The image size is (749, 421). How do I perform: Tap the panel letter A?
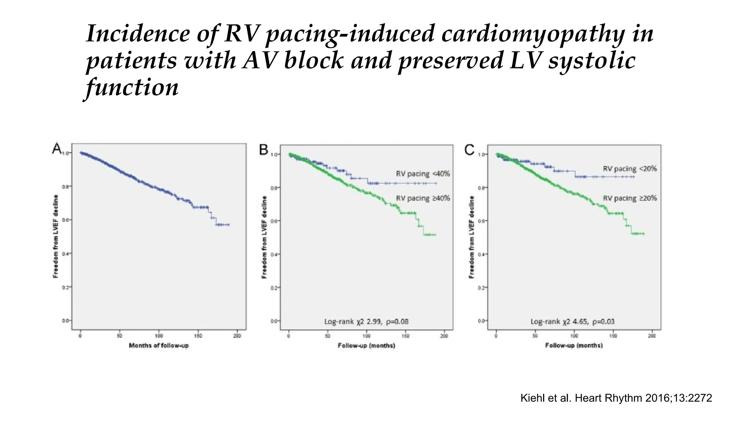tap(57, 149)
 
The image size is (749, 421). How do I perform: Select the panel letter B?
tap(264, 150)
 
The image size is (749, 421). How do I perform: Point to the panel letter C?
tap(469, 150)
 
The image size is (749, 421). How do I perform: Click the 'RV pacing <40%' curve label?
tap(423, 174)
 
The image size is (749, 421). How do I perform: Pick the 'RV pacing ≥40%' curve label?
tap(423, 198)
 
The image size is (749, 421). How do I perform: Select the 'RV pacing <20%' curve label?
tap(630, 168)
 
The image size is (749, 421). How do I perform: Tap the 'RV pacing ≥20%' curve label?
tap(630, 198)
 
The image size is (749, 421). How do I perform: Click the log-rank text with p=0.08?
tap(366, 322)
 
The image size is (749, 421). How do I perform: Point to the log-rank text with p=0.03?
tap(573, 322)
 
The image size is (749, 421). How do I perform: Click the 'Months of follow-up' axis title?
tap(159, 345)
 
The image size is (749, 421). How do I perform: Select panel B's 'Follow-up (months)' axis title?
tap(366, 345)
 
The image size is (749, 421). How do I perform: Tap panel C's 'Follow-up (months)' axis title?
tap(574, 345)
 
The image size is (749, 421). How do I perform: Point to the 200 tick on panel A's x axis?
tap(237, 336)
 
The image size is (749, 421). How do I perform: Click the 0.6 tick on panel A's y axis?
tap(66, 220)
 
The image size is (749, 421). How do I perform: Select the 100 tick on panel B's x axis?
tap(366, 336)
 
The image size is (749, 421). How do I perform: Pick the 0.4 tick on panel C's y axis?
tap(481, 254)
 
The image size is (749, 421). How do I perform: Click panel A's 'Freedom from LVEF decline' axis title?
tap(56, 236)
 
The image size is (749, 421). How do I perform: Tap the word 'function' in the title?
tap(132, 88)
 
